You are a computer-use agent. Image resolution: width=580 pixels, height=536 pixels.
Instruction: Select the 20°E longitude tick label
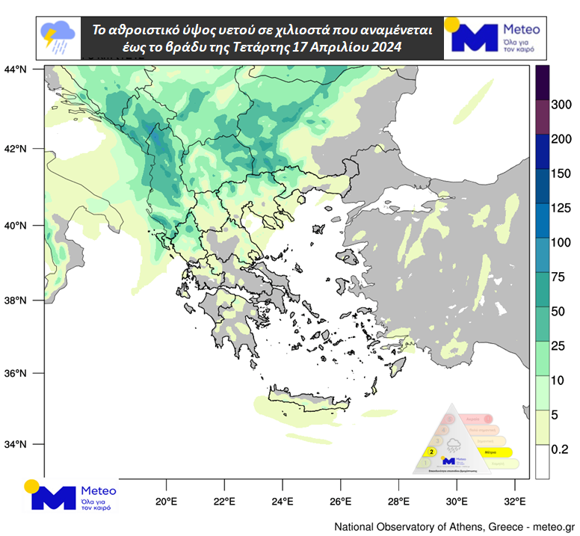point(165,502)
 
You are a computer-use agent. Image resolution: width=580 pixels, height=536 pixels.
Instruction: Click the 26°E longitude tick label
point(340,502)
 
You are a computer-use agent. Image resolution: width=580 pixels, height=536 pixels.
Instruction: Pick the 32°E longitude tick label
point(515,502)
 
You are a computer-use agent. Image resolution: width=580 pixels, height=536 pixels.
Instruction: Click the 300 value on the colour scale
point(561,105)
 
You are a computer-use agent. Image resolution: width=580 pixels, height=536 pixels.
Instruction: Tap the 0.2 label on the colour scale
point(560,449)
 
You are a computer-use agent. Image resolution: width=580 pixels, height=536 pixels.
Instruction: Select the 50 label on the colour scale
point(558,311)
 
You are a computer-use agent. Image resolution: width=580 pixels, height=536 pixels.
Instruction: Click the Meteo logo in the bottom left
point(71,496)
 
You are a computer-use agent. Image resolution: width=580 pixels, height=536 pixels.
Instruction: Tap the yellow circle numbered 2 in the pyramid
point(431,452)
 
